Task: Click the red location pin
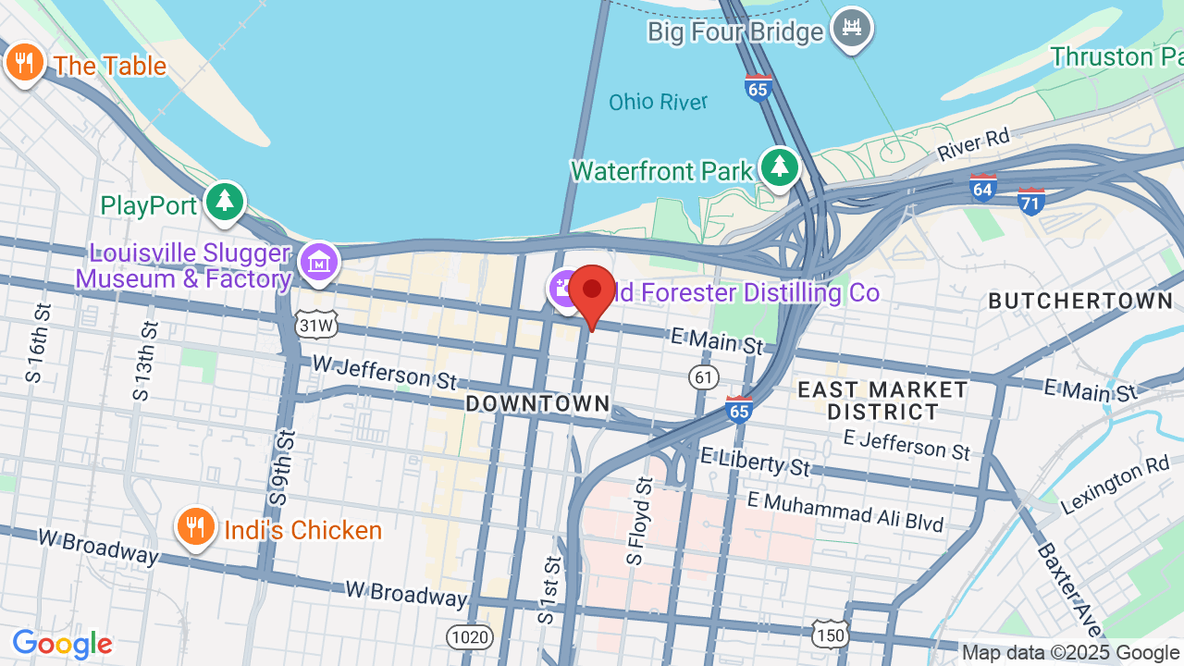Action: (x=592, y=291)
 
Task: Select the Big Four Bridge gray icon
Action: (x=851, y=29)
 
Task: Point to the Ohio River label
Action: (x=658, y=102)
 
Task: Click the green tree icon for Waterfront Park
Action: (x=780, y=167)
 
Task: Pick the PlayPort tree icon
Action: (x=224, y=201)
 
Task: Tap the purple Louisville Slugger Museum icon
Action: (x=319, y=263)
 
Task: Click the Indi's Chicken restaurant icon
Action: (x=194, y=527)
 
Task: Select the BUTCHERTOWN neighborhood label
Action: (x=1079, y=301)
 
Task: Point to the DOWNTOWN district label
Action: (x=537, y=403)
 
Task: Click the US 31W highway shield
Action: (x=316, y=325)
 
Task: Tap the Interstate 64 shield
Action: (x=982, y=188)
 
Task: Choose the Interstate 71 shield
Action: (x=1030, y=200)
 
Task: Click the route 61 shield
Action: (x=704, y=376)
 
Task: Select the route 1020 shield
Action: (x=470, y=636)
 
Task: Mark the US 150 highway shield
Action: (x=830, y=634)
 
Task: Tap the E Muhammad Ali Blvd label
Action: (x=845, y=512)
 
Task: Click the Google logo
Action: (x=62, y=644)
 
